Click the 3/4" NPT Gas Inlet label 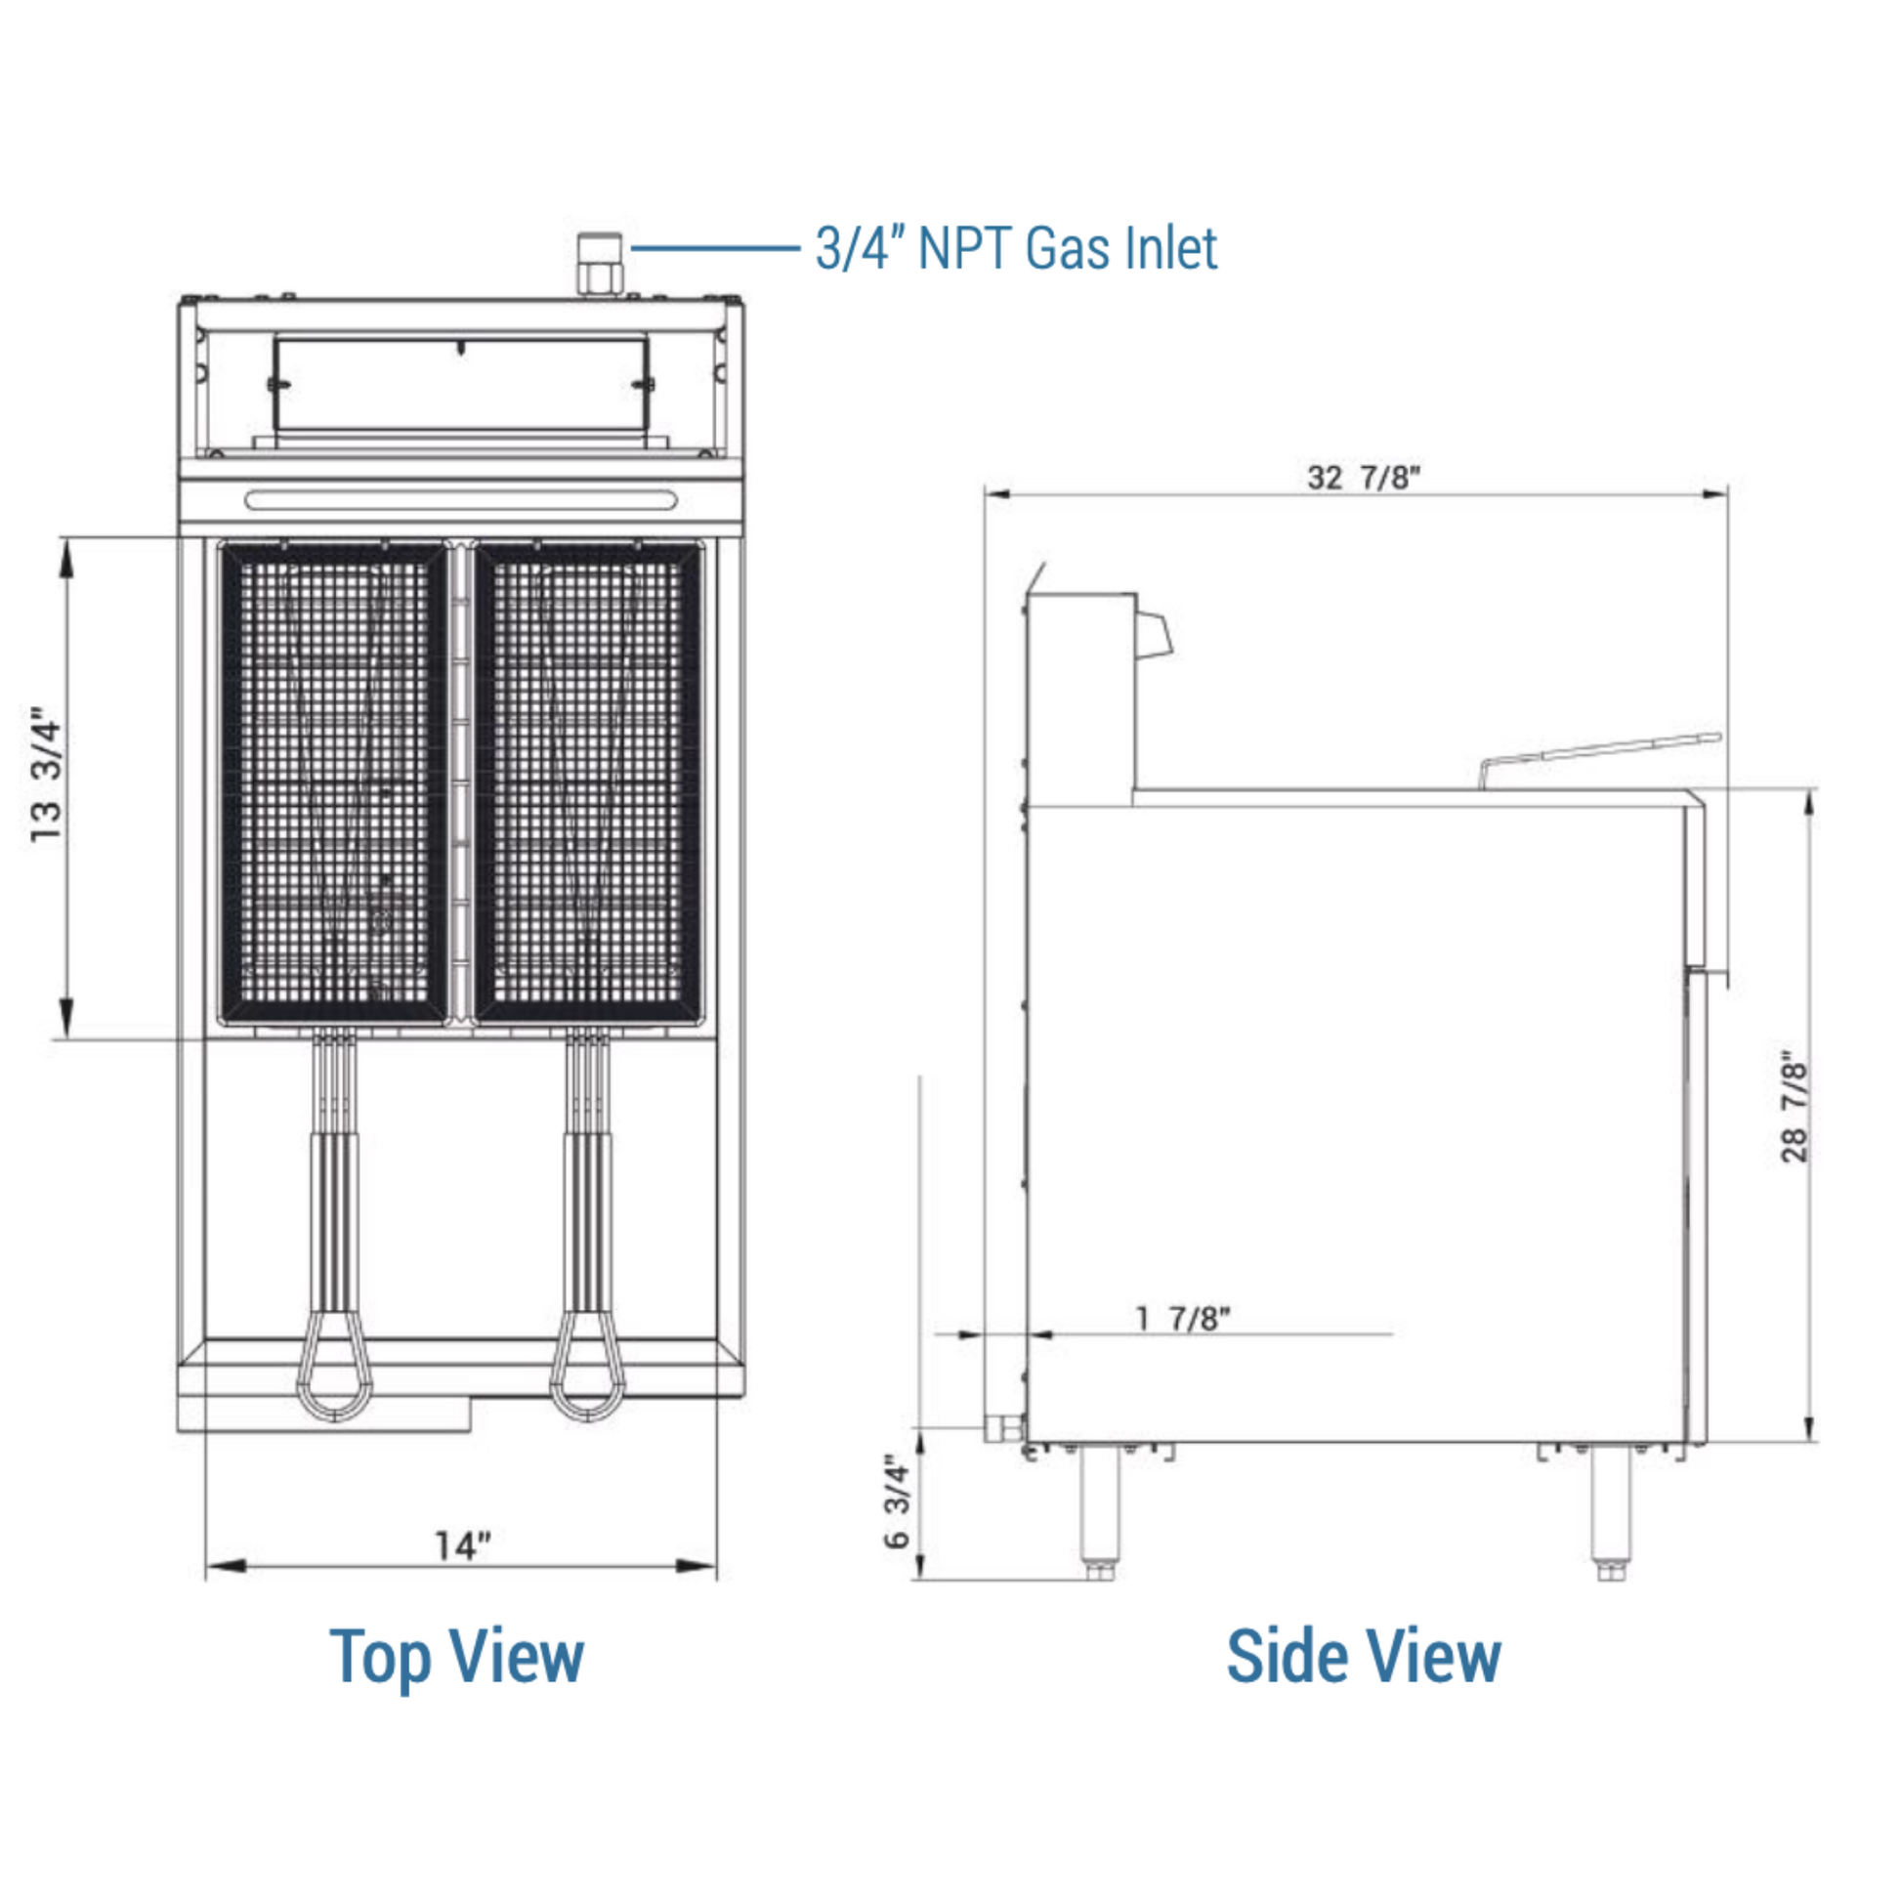pyautogui.click(x=1016, y=248)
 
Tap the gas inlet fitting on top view pyautogui.click(x=599, y=264)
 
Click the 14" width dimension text pyautogui.click(x=462, y=1545)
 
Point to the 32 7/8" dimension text pyautogui.click(x=1364, y=478)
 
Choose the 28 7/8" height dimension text pyautogui.click(x=1795, y=1110)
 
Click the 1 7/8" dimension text pyautogui.click(x=1183, y=1319)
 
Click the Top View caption pyautogui.click(x=456, y=1659)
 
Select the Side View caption pyautogui.click(x=1364, y=1657)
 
